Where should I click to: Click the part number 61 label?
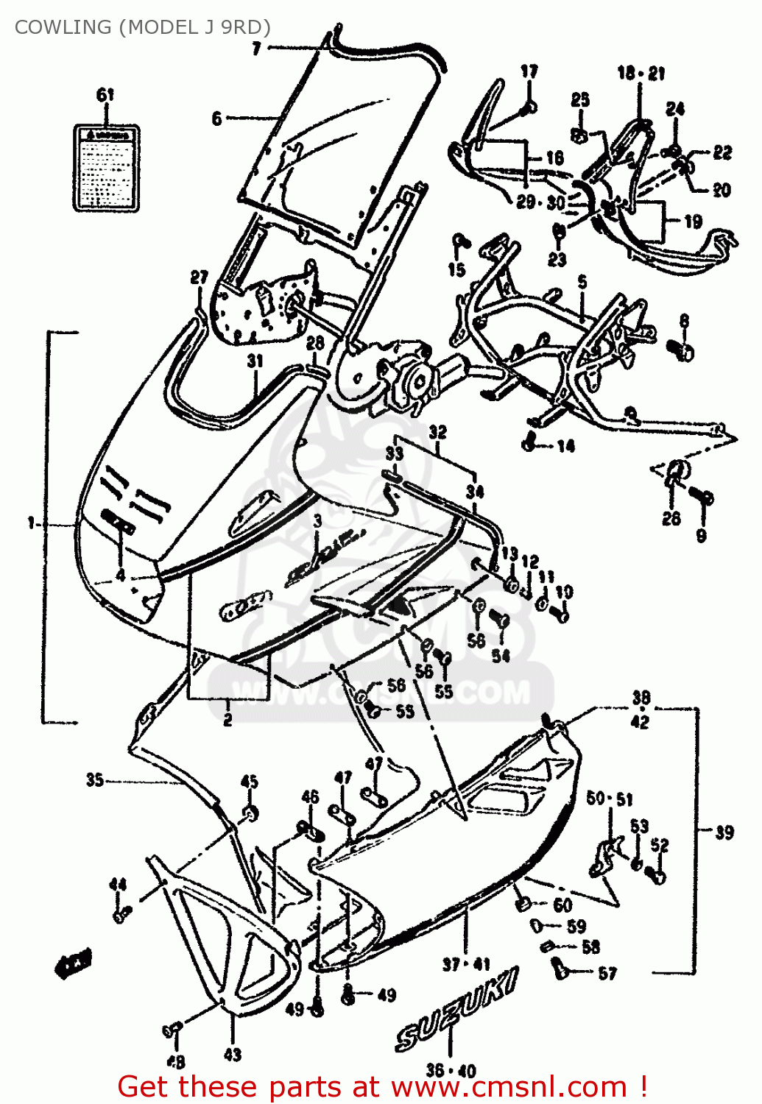tap(106, 95)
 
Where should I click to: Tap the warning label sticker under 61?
tap(107, 169)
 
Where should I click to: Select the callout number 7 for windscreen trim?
tap(256, 49)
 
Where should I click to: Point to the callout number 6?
tap(216, 118)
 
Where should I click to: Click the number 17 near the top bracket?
tap(529, 71)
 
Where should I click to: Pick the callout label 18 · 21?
tap(641, 73)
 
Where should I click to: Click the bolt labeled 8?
tap(682, 351)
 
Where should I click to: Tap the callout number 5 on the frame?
tap(582, 282)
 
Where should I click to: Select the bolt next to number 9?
tap(703, 498)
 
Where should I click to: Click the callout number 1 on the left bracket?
tap(31, 523)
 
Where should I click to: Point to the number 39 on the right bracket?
tap(725, 832)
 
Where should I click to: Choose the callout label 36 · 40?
tap(451, 1070)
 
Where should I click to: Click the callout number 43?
tap(233, 1055)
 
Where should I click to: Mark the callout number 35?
tap(94, 779)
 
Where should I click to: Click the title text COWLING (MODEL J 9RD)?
tap(142, 27)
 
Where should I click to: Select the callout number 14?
tap(565, 446)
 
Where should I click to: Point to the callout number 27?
tap(200, 277)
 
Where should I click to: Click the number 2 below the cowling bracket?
tap(227, 720)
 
